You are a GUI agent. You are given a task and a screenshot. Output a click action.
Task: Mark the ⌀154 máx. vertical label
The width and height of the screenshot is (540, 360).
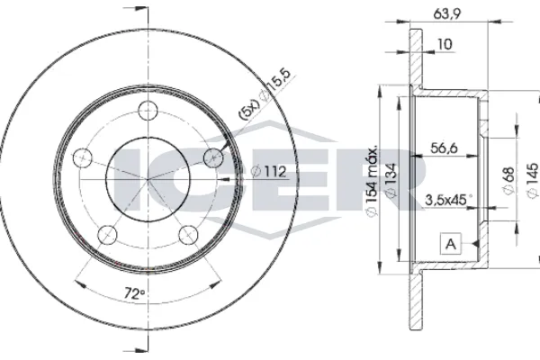click(372, 180)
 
